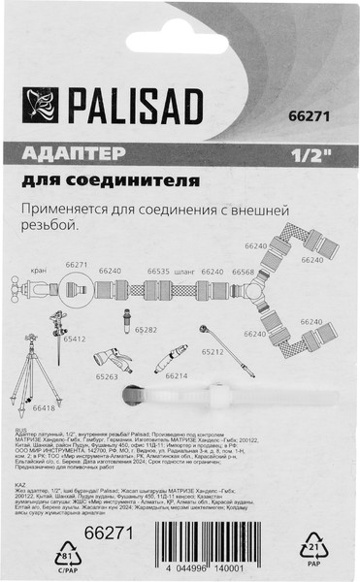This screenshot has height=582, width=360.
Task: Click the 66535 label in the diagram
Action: tap(158, 273)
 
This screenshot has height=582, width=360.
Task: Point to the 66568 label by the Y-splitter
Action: tap(243, 273)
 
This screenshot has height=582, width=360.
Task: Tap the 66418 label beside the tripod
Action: tap(45, 408)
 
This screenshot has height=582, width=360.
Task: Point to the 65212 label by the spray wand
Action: tap(213, 351)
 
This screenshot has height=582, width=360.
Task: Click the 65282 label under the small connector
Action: tap(146, 330)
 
